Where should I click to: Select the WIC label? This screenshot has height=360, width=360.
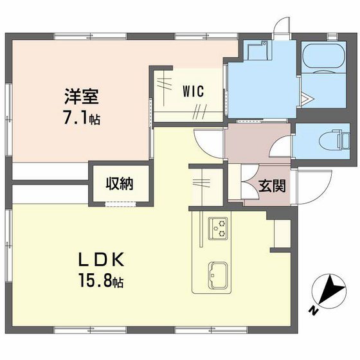point(192,91)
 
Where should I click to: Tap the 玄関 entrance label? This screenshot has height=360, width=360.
point(273,187)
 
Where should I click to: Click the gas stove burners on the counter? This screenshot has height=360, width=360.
point(219,227)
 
